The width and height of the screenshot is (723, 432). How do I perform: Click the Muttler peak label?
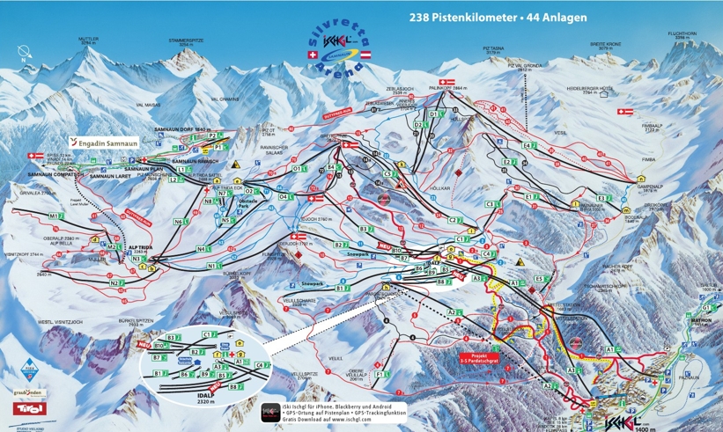(88, 40)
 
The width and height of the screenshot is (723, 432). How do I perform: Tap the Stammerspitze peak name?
(173, 40)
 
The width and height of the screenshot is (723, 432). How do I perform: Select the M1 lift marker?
(55, 216)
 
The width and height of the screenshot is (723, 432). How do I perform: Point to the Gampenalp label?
(649, 187)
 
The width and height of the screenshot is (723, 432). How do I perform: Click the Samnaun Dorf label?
(186, 128)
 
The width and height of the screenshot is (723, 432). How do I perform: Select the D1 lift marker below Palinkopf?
(433, 114)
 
